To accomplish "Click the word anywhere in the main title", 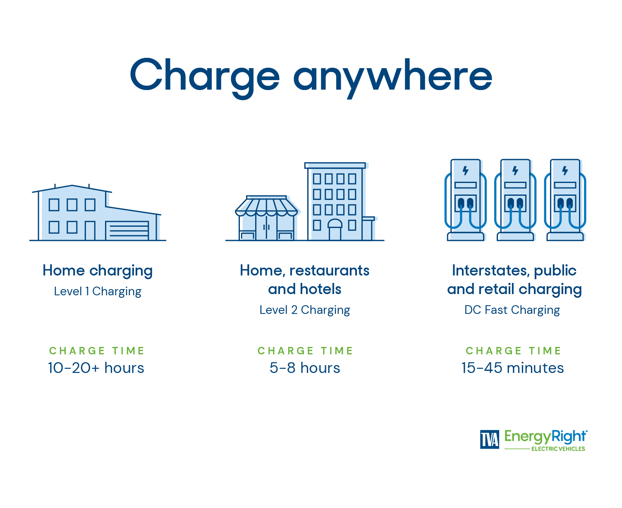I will [x=392, y=76].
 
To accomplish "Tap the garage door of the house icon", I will [x=127, y=231].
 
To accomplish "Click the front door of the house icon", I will [x=90, y=230].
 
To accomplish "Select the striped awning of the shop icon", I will [x=266, y=207].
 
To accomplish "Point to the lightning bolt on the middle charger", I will [x=515, y=171].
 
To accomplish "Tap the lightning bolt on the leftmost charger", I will [x=466, y=171].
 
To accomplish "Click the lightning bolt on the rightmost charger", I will [x=565, y=171].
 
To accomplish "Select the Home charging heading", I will [x=98, y=271].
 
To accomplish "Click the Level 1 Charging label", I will [x=98, y=292].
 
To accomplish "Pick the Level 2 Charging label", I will [x=305, y=310].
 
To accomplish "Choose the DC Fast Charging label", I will [x=512, y=310].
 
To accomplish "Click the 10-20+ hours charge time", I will [x=96, y=368].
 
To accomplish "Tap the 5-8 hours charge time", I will [x=305, y=368].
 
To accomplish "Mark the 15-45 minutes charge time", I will [x=512, y=368].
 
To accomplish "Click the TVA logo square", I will [x=490, y=439].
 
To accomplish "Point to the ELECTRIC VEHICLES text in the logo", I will [x=558, y=449].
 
